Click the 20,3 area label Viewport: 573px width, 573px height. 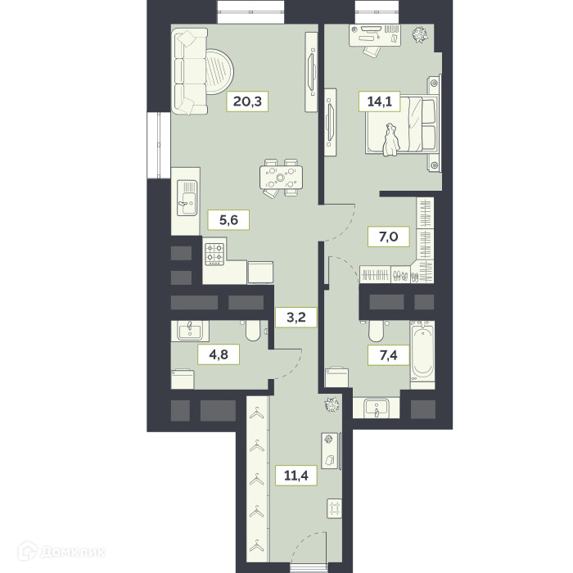pyautogui.click(x=247, y=102)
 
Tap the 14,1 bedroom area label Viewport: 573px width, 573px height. pyautogui.click(x=379, y=102)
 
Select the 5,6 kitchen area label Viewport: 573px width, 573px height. pyautogui.click(x=228, y=220)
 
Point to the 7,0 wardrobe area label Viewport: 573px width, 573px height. pyautogui.click(x=388, y=237)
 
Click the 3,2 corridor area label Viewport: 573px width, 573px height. pyautogui.click(x=296, y=318)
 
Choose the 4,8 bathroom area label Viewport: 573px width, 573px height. pyautogui.click(x=219, y=354)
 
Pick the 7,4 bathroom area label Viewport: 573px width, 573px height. pyautogui.click(x=388, y=354)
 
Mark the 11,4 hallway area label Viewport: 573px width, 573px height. pyautogui.click(x=296, y=476)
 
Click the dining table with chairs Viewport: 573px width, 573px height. pyautogui.click(x=281, y=178)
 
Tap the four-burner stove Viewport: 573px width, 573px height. pyautogui.click(x=214, y=254)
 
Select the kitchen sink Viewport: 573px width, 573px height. pyautogui.click(x=187, y=198)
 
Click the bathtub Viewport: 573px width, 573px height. pyautogui.click(x=422, y=351)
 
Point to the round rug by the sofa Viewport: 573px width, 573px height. pyautogui.click(x=219, y=72)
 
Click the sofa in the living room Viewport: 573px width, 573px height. pyautogui.click(x=190, y=72)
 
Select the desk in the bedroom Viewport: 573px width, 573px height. pyautogui.click(x=375, y=35)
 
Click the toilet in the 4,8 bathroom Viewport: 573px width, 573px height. pyautogui.click(x=252, y=330)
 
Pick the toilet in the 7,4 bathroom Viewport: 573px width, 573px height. pyautogui.click(x=376, y=331)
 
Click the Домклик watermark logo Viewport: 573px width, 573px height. pyautogui.click(x=62, y=551)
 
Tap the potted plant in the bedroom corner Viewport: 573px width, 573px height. pyautogui.click(x=420, y=34)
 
